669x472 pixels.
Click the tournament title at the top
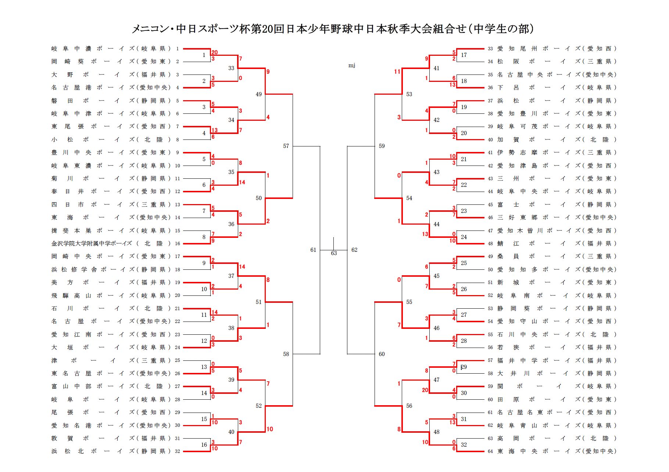pyautogui.click(x=332, y=29)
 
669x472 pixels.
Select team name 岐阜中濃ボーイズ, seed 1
pyautogui.click(x=111, y=48)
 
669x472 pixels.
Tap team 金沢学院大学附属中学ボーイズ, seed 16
pyautogui.click(x=111, y=243)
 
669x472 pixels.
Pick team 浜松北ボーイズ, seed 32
pyautogui.click(x=111, y=451)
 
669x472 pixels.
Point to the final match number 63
pyautogui.click(x=334, y=253)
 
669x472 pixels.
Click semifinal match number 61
pyautogui.click(x=313, y=250)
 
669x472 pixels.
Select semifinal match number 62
pyautogui.click(x=354, y=250)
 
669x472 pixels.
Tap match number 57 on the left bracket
pyautogui.click(x=286, y=146)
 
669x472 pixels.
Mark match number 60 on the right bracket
pyautogui.click(x=382, y=354)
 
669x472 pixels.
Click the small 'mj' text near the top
pyautogui.click(x=352, y=66)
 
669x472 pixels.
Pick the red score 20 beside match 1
pyautogui.click(x=215, y=52)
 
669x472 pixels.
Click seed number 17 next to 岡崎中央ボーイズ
pyautogui.click(x=178, y=256)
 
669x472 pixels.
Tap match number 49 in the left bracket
pyautogui.click(x=259, y=94)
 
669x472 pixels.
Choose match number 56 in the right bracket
pyautogui.click(x=409, y=406)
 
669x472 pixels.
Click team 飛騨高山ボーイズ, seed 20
pyautogui.click(x=111, y=295)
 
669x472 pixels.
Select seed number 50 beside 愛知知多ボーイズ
pyautogui.click(x=490, y=269)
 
